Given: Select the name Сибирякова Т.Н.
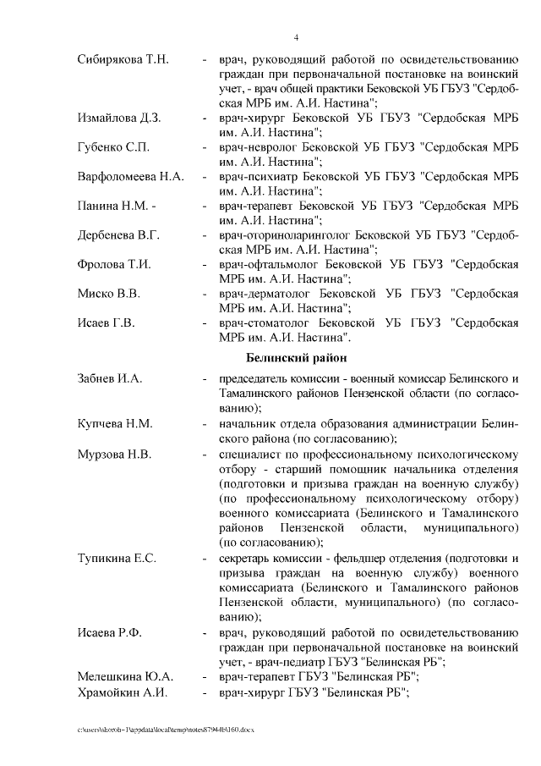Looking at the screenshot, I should click(123, 59).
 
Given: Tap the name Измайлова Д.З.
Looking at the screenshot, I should click(118, 117).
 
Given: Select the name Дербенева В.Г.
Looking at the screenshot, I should click(118, 234).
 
